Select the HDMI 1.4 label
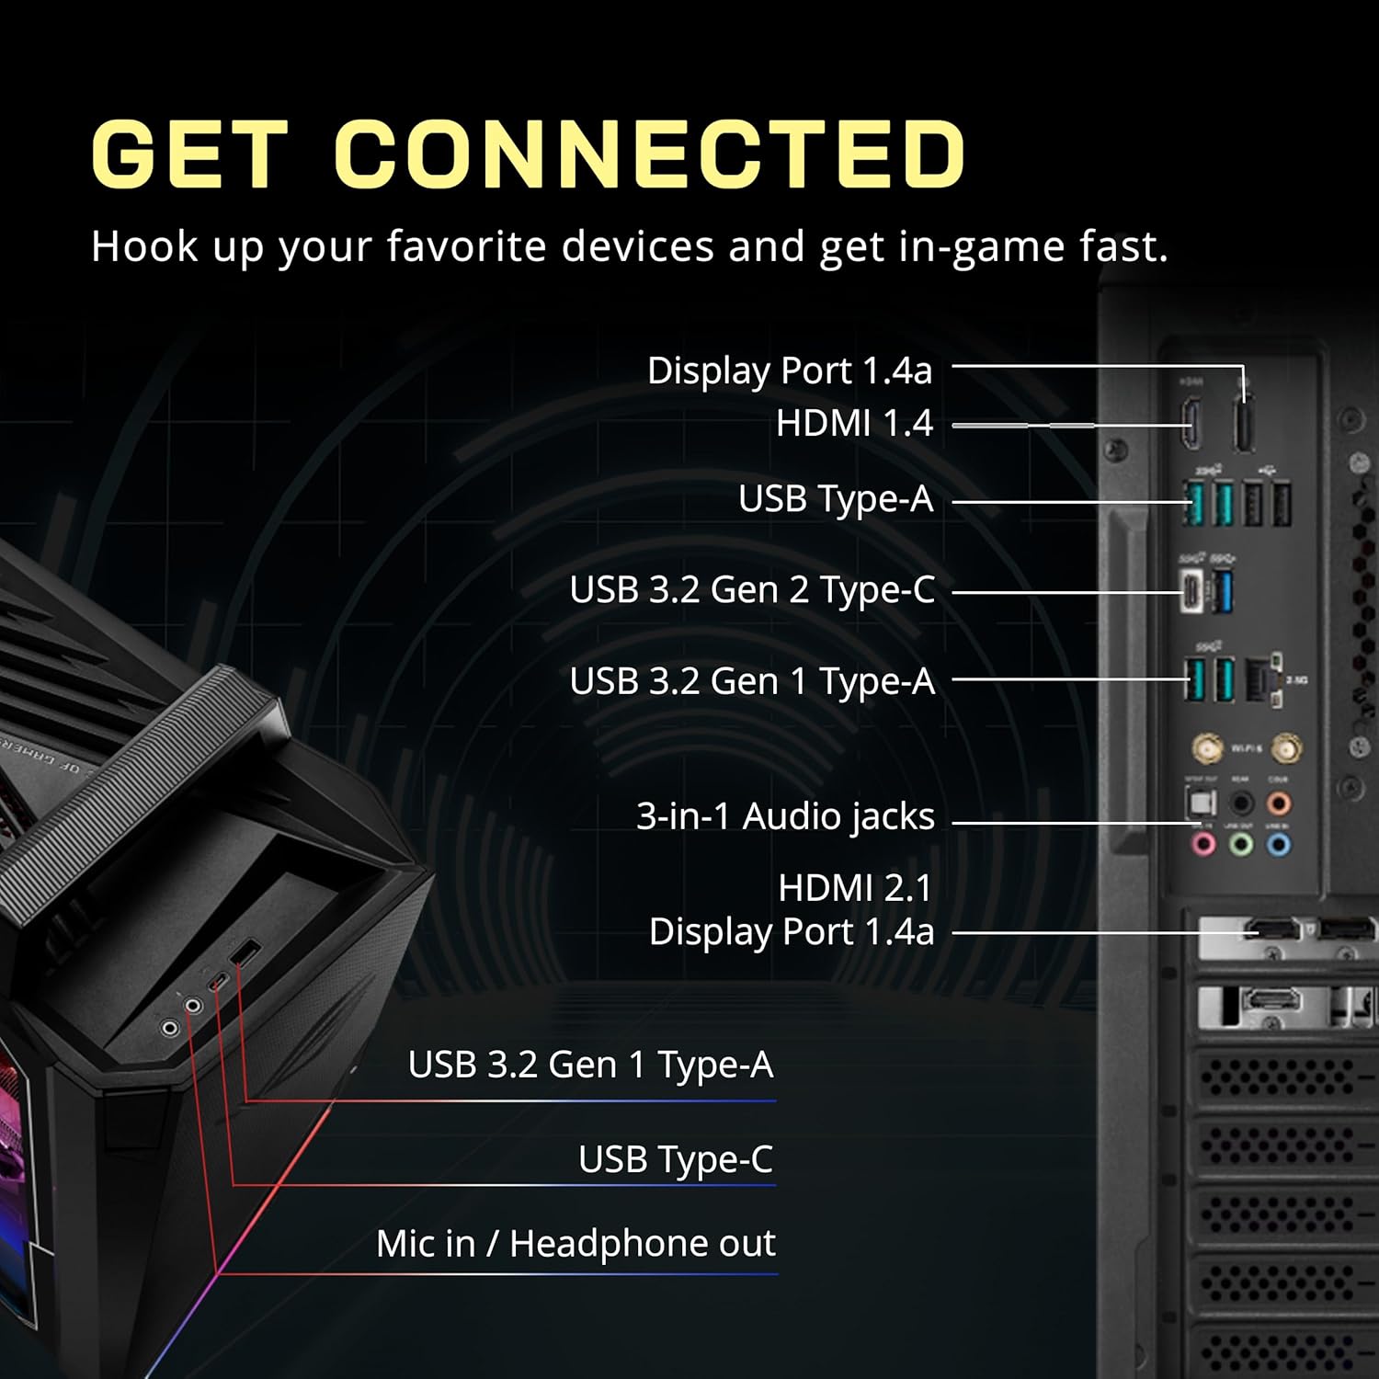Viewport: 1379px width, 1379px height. click(854, 424)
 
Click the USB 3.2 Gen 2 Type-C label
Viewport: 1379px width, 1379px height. click(752, 590)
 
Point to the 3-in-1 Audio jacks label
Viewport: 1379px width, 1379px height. click(785, 816)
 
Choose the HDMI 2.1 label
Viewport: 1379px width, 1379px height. click(855, 888)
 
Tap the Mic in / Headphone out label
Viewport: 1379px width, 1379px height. click(576, 1244)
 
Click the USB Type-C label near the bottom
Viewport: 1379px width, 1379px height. click(676, 1159)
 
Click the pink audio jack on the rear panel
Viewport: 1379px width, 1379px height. click(1203, 843)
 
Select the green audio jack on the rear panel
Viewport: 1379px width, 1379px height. click(1241, 843)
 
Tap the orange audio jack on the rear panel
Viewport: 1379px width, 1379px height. click(1278, 804)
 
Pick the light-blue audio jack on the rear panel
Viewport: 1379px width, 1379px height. click(1278, 843)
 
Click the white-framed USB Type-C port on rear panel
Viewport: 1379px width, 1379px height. click(1192, 591)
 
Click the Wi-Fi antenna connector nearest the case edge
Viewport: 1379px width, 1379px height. click(1287, 748)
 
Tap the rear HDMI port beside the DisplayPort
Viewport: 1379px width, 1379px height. click(1191, 424)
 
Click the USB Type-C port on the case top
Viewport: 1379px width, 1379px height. click(218, 981)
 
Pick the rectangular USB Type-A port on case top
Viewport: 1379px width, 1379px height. click(246, 953)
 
